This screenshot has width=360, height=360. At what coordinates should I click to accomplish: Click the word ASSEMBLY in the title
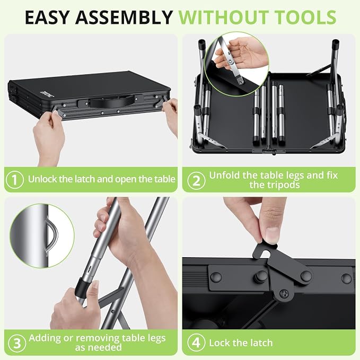click(x=124, y=17)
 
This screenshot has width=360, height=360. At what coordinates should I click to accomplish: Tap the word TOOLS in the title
click(x=305, y=17)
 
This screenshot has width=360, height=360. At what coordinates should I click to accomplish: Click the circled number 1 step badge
click(x=15, y=180)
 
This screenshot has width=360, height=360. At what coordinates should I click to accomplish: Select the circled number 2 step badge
click(x=196, y=180)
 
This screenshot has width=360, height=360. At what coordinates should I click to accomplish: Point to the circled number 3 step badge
click(x=17, y=343)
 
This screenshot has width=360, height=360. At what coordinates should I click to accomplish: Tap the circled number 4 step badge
click(x=196, y=343)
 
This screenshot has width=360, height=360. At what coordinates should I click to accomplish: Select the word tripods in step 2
click(x=275, y=185)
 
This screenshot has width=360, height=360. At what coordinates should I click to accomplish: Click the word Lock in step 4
click(x=220, y=343)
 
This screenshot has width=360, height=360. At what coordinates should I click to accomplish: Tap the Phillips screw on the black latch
click(x=284, y=293)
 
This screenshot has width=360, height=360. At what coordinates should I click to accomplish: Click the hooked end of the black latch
click(x=264, y=252)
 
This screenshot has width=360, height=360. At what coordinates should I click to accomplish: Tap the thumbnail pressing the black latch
click(x=273, y=235)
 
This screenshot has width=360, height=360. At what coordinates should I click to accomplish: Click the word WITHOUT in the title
click(x=225, y=17)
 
